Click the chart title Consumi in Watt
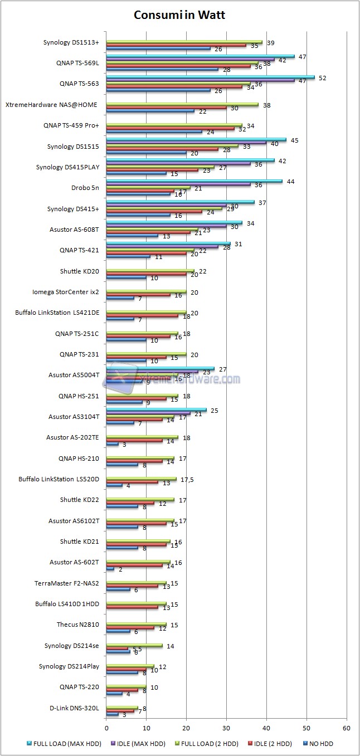click(179, 15)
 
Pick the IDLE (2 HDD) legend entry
click(266, 743)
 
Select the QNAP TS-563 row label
click(79, 84)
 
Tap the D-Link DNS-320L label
click(74, 708)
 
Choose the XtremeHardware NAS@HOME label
click(52, 104)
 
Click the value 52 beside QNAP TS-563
click(322, 78)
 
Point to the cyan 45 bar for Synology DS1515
click(196, 140)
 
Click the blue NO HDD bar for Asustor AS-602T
click(110, 569)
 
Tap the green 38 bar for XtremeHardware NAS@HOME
click(182, 104)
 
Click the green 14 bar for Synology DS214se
click(134, 646)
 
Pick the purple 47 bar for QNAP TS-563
click(200, 81)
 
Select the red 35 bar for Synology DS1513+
click(176, 45)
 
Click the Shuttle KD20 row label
click(79, 271)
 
